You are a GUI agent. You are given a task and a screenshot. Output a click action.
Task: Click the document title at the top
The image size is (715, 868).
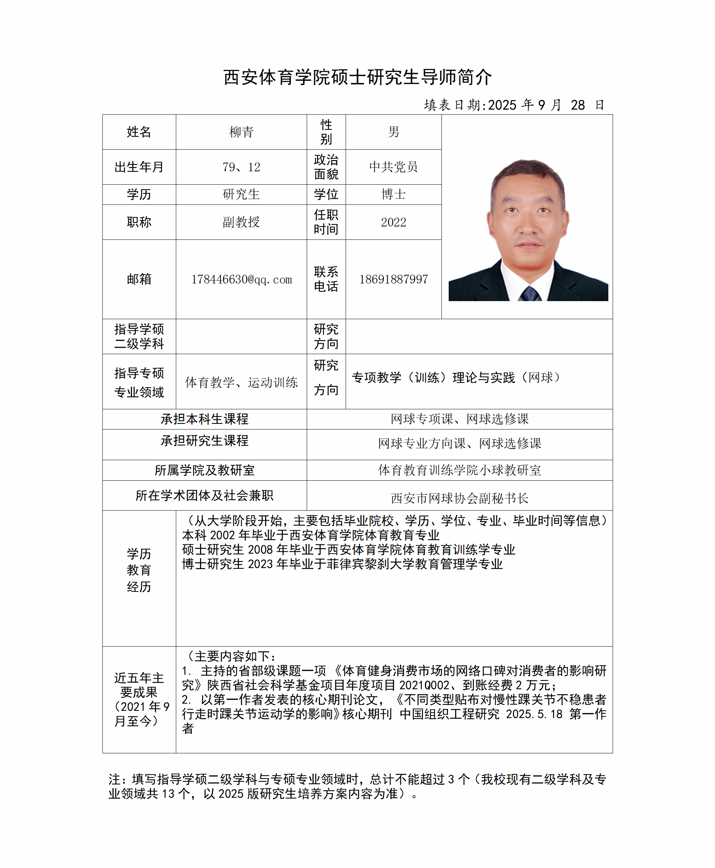click(x=357, y=77)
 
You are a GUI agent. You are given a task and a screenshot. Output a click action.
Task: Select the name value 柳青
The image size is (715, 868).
click(x=241, y=132)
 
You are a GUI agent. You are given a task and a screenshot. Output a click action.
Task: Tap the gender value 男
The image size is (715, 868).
click(x=393, y=132)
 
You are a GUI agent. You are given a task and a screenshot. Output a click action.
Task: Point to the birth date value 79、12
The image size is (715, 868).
click(x=241, y=167)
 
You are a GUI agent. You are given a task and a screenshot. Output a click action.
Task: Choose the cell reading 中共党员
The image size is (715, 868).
click(x=393, y=167)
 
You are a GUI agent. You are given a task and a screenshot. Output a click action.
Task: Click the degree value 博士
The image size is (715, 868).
click(x=393, y=194)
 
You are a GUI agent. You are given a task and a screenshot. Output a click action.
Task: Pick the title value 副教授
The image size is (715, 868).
click(x=241, y=222)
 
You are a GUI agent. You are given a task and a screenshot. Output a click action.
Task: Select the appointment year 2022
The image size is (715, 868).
click(x=393, y=222)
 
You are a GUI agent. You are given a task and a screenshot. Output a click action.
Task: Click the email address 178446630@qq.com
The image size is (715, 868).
click(x=241, y=279)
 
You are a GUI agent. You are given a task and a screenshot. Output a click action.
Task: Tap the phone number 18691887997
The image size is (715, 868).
click(x=393, y=279)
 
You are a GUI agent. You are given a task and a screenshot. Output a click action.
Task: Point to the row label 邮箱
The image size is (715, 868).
click(x=139, y=279)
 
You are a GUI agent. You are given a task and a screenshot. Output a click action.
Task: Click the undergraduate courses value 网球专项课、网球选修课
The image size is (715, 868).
click(x=459, y=419)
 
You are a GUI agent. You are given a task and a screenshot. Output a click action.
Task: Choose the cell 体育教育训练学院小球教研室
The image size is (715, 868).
click(x=459, y=470)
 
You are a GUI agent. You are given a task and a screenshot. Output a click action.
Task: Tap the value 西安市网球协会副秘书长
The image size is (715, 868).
click(x=459, y=498)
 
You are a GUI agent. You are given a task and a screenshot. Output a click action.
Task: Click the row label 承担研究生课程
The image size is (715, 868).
click(x=204, y=441)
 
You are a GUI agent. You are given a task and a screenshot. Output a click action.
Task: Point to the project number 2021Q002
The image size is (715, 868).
click(x=424, y=686)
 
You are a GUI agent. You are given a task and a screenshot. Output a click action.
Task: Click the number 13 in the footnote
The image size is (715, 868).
click(x=168, y=794)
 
